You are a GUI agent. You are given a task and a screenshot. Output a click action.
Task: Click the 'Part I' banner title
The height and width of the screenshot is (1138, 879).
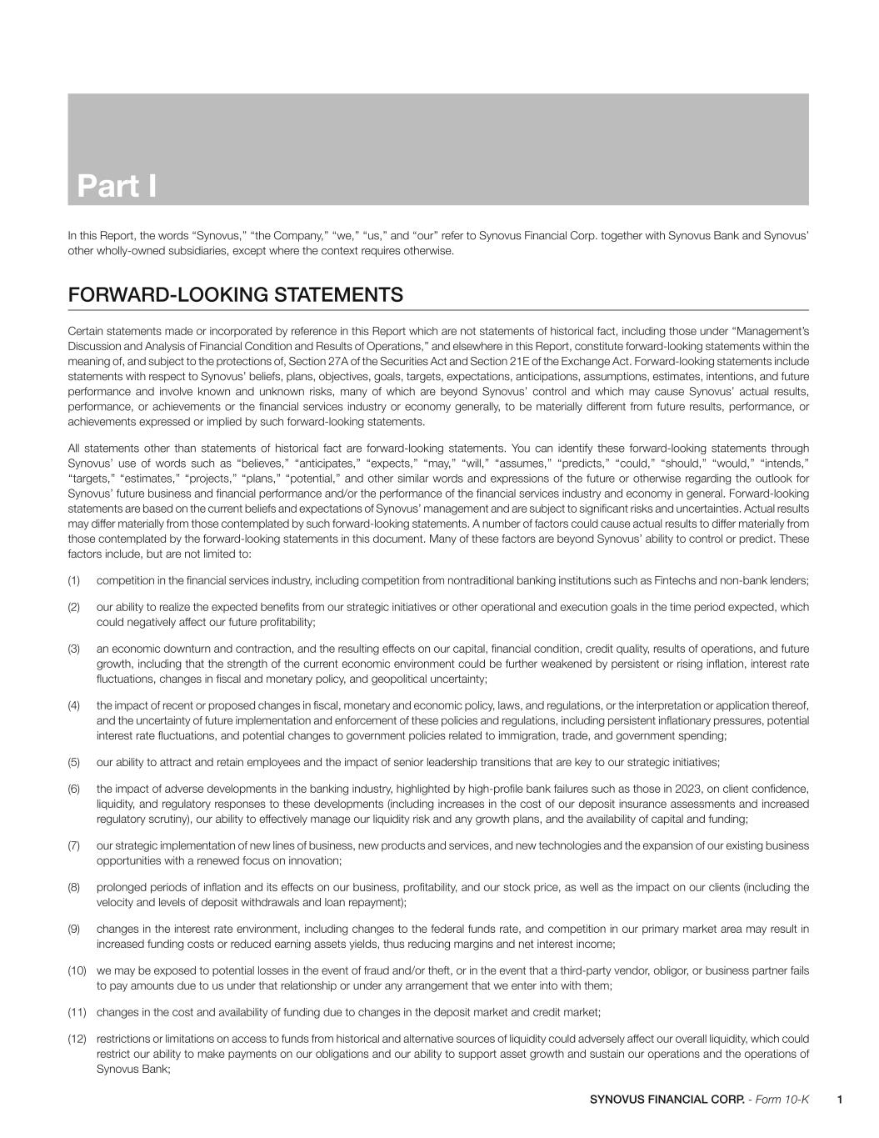(117, 186)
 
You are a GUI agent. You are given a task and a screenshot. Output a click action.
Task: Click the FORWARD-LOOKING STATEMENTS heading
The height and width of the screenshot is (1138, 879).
(236, 295)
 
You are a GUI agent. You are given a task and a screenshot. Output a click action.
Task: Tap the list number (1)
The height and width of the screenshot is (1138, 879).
(74, 580)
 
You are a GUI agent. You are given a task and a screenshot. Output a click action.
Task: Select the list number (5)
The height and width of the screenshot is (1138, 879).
(74, 762)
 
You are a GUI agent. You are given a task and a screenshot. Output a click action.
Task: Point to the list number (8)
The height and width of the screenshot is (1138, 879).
(74, 887)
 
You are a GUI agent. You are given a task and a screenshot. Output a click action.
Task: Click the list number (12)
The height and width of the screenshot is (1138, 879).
(77, 1039)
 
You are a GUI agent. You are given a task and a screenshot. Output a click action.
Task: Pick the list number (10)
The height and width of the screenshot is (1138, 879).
(77, 970)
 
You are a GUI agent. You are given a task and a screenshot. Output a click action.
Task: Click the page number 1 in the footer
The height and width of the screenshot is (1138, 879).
(840, 1100)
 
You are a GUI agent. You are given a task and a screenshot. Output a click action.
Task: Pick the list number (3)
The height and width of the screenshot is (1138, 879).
(74, 649)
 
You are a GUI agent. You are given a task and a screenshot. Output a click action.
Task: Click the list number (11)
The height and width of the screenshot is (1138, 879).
(77, 1012)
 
